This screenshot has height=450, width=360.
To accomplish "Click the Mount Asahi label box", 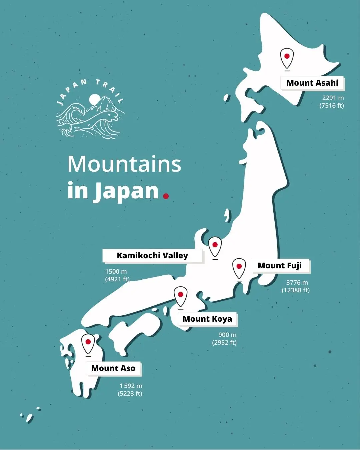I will [312, 83].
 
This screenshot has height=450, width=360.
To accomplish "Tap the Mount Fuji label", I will [280, 266].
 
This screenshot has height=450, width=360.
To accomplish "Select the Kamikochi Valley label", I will [152, 256].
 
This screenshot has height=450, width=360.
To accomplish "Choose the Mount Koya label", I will [207, 319].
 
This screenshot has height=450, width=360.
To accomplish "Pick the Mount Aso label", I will [113, 368].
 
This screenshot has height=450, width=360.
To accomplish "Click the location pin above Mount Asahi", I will [287, 58].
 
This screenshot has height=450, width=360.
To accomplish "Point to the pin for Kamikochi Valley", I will [215, 246].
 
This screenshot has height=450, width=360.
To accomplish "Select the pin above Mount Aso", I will [88, 343].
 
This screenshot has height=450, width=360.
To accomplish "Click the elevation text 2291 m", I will [333, 98].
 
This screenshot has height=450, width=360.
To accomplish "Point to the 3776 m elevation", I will [297, 283].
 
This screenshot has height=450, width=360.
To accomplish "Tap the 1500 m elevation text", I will [116, 272].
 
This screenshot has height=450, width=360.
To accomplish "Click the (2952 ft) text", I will [224, 343].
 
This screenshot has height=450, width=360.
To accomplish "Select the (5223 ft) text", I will [130, 394].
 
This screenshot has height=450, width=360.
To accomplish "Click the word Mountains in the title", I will [124, 164].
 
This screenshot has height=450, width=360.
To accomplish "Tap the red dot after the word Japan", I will [166, 196].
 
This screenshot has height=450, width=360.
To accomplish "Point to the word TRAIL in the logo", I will [110, 90].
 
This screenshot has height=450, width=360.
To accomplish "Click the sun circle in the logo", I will [95, 99].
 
